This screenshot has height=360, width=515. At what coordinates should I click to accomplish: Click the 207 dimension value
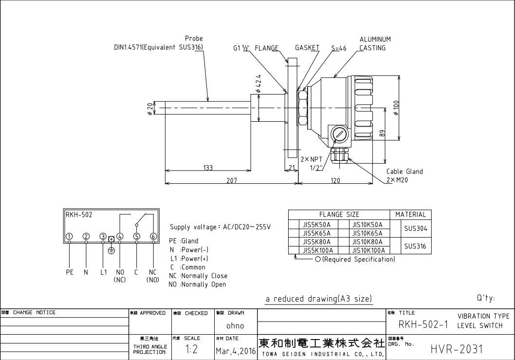(x=232, y=180)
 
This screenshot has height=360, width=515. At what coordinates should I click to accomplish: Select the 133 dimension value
(x=208, y=168)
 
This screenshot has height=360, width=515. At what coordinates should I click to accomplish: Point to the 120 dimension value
(x=335, y=180)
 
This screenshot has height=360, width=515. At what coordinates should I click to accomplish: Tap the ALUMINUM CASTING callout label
(x=374, y=43)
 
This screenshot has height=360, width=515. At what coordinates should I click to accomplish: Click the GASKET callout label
(x=307, y=48)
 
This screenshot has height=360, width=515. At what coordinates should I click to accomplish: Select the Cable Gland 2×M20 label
(x=404, y=175)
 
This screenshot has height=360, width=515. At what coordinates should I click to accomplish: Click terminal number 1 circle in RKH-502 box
(x=70, y=237)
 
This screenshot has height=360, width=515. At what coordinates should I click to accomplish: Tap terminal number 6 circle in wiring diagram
(x=153, y=237)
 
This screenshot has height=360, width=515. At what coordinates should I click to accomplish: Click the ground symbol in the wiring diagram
(x=111, y=250)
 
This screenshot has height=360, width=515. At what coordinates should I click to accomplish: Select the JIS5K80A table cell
(x=317, y=242)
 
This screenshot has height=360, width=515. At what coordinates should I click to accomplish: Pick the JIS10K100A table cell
(x=368, y=250)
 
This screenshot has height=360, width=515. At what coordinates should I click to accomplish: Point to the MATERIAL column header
(x=410, y=214)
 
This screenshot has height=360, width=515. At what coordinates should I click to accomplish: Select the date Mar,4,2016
(x=235, y=350)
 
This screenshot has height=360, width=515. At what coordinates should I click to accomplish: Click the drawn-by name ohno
(x=235, y=325)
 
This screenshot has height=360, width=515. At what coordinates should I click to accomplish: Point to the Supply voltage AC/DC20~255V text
(x=220, y=227)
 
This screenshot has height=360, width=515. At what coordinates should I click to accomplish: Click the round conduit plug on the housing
(x=339, y=133)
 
